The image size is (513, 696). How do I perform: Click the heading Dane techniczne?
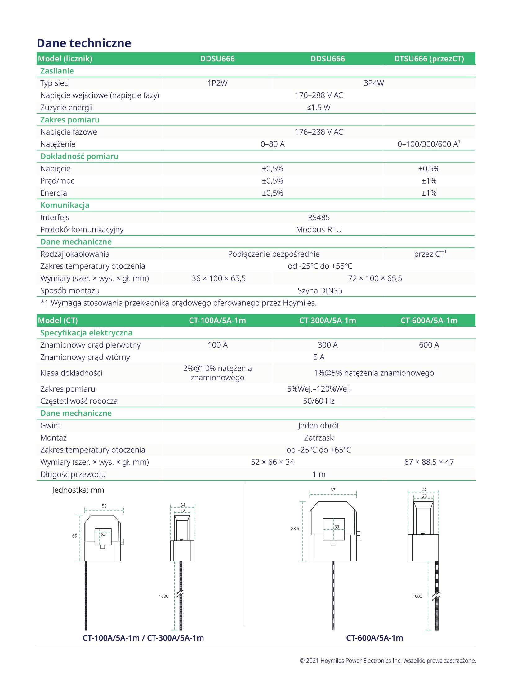(84, 43)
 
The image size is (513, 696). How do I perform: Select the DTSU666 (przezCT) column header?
(429, 59)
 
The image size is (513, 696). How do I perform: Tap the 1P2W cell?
(217, 83)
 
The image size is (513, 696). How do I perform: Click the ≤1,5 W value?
(319, 108)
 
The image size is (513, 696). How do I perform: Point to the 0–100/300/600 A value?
(428, 144)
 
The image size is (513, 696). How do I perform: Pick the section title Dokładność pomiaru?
(79, 156)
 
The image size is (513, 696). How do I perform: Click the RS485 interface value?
(319, 217)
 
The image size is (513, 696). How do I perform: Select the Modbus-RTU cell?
(319, 229)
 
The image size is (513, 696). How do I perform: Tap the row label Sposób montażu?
(70, 290)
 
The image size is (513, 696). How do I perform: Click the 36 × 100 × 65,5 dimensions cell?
(218, 278)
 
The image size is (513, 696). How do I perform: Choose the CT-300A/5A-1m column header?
(327, 320)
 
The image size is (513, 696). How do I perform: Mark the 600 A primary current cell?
(429, 345)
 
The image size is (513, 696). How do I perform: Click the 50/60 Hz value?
(319, 401)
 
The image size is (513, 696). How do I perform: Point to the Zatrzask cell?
(319, 438)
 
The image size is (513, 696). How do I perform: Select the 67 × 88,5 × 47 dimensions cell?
(429, 462)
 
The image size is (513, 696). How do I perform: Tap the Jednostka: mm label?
(78, 490)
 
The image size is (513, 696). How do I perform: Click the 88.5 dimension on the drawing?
(295, 528)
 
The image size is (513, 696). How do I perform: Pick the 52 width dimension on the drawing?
(104, 506)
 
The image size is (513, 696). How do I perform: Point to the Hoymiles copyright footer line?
(388, 661)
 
